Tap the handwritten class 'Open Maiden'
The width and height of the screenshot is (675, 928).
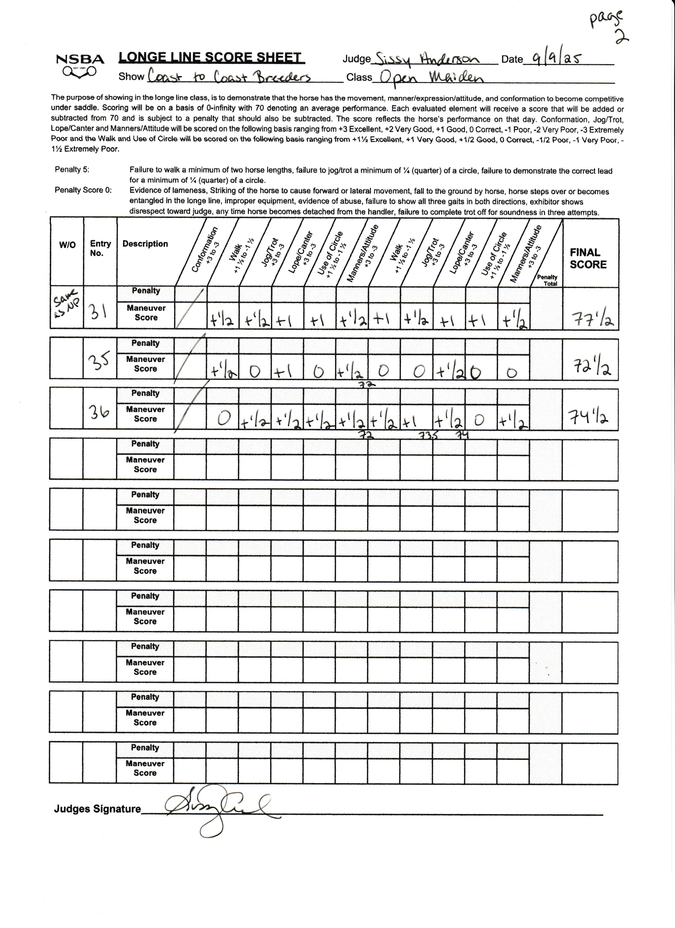tap(431, 77)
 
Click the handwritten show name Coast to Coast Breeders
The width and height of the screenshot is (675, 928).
tap(229, 77)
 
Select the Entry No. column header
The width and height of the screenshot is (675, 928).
tap(100, 248)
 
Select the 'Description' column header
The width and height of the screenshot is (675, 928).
tap(145, 244)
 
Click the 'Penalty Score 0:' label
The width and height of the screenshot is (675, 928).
tap(83, 190)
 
